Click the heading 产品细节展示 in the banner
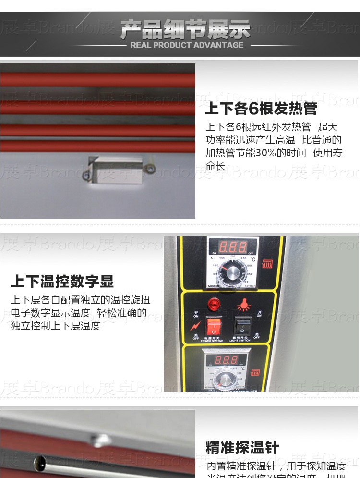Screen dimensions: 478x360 185,30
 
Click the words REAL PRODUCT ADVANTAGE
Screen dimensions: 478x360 187,45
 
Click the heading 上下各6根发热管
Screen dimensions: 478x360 261,109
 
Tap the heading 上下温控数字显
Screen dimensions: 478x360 62,282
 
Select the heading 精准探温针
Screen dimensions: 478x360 242,448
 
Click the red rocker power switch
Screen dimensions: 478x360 214,327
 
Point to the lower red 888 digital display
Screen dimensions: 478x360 226,360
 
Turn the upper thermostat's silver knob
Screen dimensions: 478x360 228,276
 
